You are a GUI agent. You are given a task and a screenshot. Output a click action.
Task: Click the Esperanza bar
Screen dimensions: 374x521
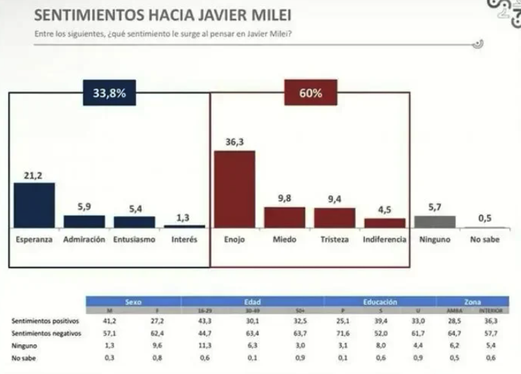tap(35, 205)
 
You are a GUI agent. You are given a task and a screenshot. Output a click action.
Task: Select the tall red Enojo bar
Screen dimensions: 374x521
tap(234, 189)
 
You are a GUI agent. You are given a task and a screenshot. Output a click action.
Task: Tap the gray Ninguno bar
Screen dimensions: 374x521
tap(434, 221)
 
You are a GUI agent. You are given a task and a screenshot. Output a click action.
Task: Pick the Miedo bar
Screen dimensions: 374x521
tap(285, 217)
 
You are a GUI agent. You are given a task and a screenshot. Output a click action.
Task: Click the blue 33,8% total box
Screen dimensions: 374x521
tap(108, 93)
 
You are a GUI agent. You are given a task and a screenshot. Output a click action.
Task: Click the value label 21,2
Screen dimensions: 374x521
tap(35, 175)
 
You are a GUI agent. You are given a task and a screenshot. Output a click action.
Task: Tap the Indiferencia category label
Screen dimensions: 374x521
tap(385, 239)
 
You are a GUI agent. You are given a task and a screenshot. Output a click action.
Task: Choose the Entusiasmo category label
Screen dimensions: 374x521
tap(134, 239)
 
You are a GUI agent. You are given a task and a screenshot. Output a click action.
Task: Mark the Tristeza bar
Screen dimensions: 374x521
tap(334, 218)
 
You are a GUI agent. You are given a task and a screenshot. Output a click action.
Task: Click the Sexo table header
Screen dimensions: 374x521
tap(133, 302)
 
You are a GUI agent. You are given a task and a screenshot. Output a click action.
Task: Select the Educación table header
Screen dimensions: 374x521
tap(379, 302)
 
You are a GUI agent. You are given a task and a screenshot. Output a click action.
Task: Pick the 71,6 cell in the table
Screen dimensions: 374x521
tap(337, 333)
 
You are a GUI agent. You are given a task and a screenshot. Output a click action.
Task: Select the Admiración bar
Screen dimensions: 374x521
tap(84, 221)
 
